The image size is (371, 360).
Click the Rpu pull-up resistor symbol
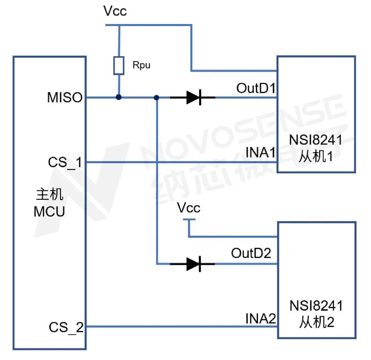pyautogui.click(x=119, y=66)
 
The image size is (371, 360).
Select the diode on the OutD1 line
pyautogui.click(x=193, y=98)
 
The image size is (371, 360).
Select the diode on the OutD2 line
pyautogui.click(x=193, y=264)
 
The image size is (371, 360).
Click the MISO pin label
pyautogui.click(x=65, y=98)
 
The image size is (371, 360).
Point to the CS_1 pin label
pyautogui.click(x=65, y=162)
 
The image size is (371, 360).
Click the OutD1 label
pyautogui.click(x=256, y=89)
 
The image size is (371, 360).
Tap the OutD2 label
pyautogui.click(x=251, y=254)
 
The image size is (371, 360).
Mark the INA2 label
pyautogui.click(x=261, y=318)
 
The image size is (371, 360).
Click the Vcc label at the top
pyautogui.click(x=115, y=11)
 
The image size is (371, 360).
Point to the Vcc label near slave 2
pyautogui.click(x=189, y=208)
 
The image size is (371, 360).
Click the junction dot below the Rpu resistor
pyautogui.click(x=119, y=98)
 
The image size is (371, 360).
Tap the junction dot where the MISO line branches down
pyautogui.click(x=157, y=98)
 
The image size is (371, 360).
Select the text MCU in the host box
pyautogui.click(x=49, y=212)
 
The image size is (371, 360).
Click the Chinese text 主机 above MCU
pyautogui.click(x=49, y=195)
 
